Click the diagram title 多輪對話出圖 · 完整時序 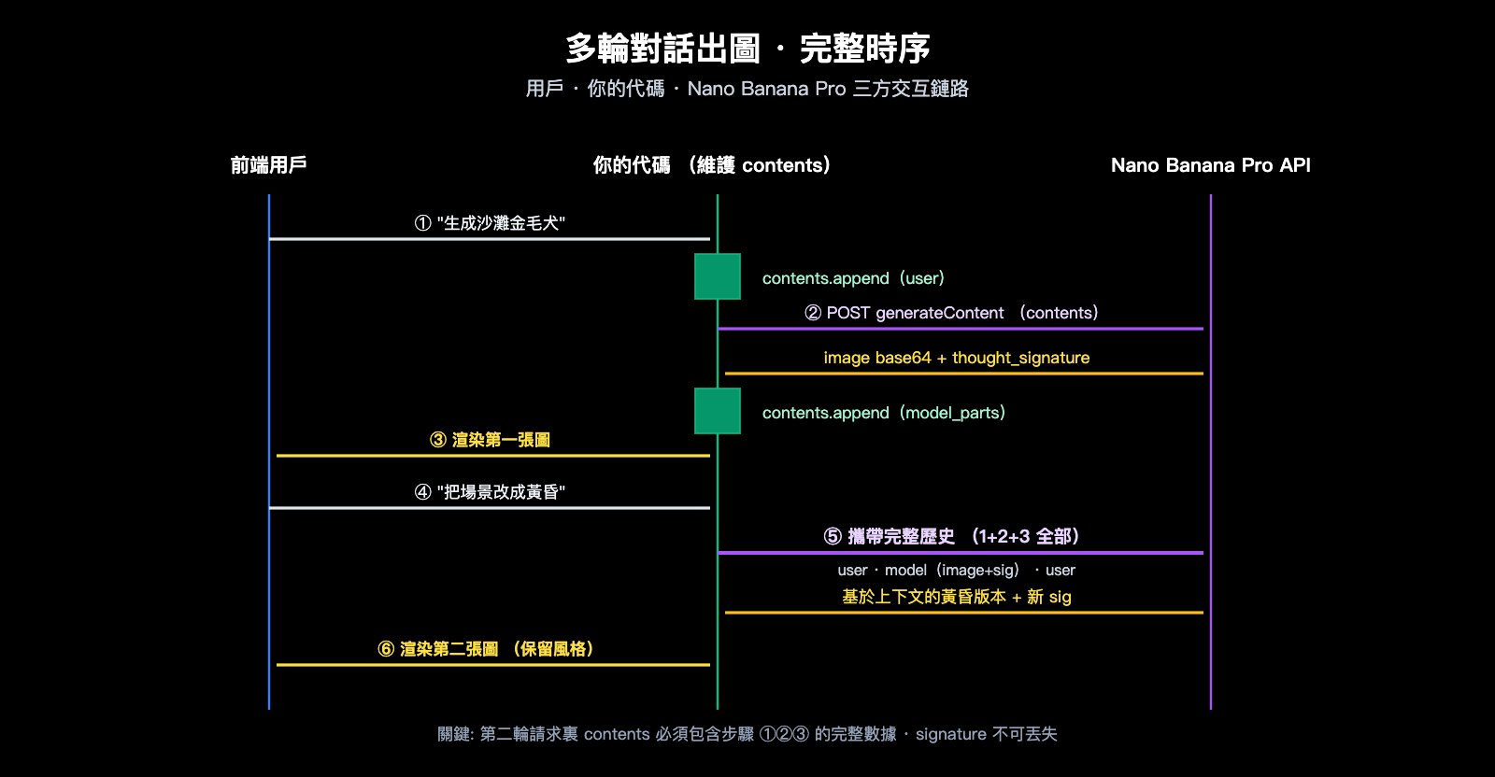tap(747, 49)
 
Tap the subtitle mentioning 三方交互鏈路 tap(747, 89)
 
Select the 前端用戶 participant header tap(269, 165)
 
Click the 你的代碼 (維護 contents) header tap(712, 165)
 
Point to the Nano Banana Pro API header tap(1210, 165)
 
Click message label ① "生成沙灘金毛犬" tap(490, 223)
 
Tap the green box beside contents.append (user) tap(718, 276)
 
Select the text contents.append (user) tap(853, 278)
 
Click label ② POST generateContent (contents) tap(951, 313)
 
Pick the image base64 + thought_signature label tap(957, 358)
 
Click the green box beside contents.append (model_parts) tap(718, 411)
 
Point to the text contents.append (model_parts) tap(883, 413)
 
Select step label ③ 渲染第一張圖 tap(490, 440)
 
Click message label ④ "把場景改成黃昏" tap(490, 492)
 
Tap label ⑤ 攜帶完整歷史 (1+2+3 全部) tap(951, 536)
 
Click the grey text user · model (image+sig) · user tap(957, 570)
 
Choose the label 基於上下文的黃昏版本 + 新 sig tap(957, 597)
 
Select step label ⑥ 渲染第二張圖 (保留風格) tap(486, 649)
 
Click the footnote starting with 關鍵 tap(747, 734)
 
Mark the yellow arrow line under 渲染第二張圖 tap(493, 665)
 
